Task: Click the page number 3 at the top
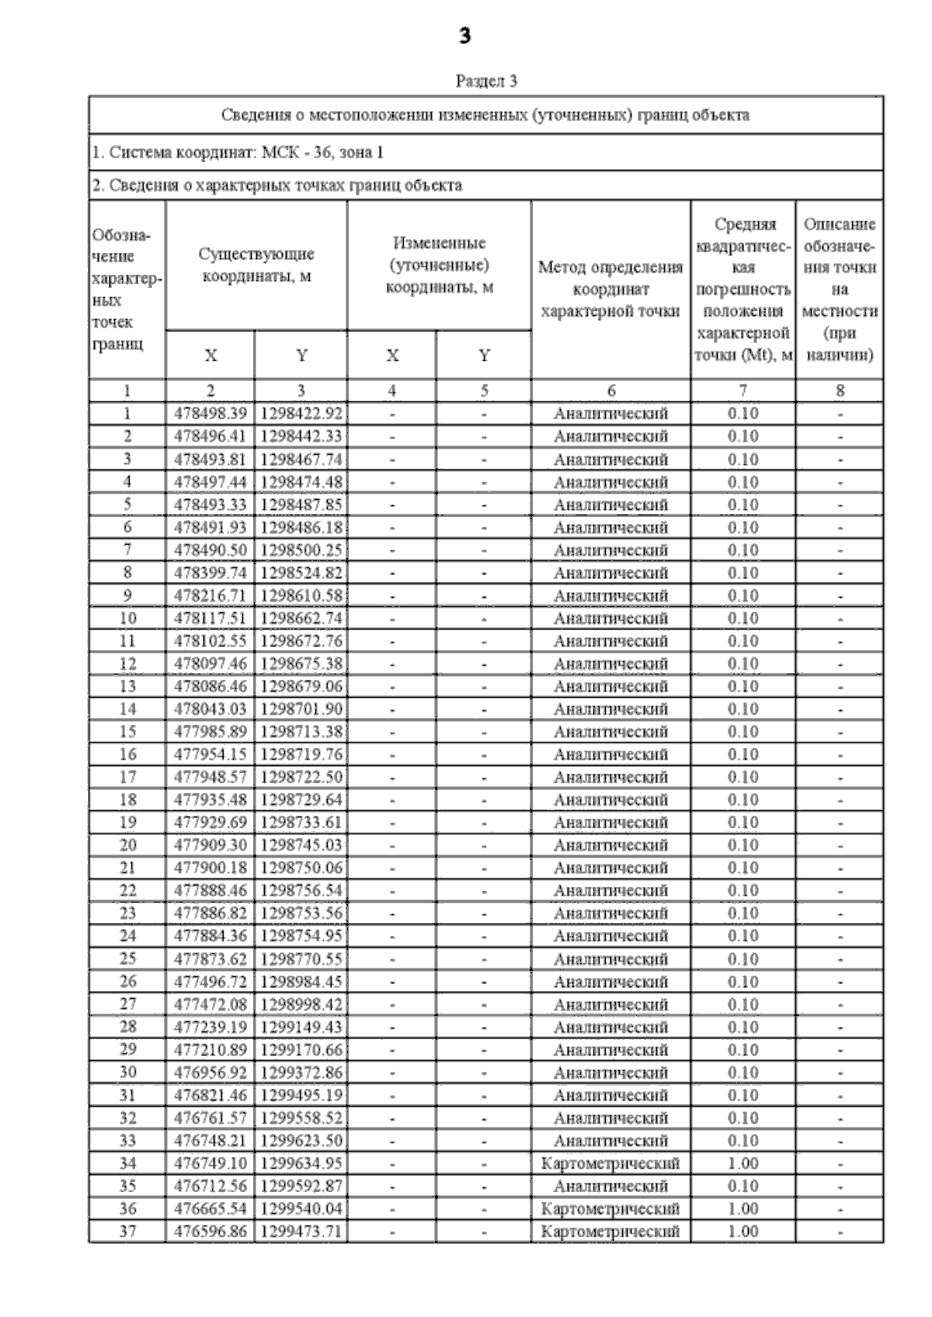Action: coord(465,36)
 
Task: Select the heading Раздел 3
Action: coord(486,81)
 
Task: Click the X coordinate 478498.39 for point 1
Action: coord(210,414)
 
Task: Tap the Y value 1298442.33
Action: coord(301,436)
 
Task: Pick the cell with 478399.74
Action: coord(210,573)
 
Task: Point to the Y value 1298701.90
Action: coord(301,709)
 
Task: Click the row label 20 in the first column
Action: coord(127,845)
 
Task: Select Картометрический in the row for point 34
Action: coord(610,1163)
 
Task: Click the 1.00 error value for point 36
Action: coord(743,1208)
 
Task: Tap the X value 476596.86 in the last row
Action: coord(210,1232)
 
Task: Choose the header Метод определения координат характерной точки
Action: coord(610,289)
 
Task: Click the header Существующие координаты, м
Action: coord(256,265)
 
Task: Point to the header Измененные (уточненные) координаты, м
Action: coord(440,265)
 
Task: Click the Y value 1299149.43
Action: coord(301,1027)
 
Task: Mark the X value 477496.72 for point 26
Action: coord(210,982)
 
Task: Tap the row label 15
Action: coord(127,732)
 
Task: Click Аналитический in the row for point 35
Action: coord(610,1186)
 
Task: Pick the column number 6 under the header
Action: coord(610,391)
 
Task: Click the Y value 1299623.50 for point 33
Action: coord(301,1141)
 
